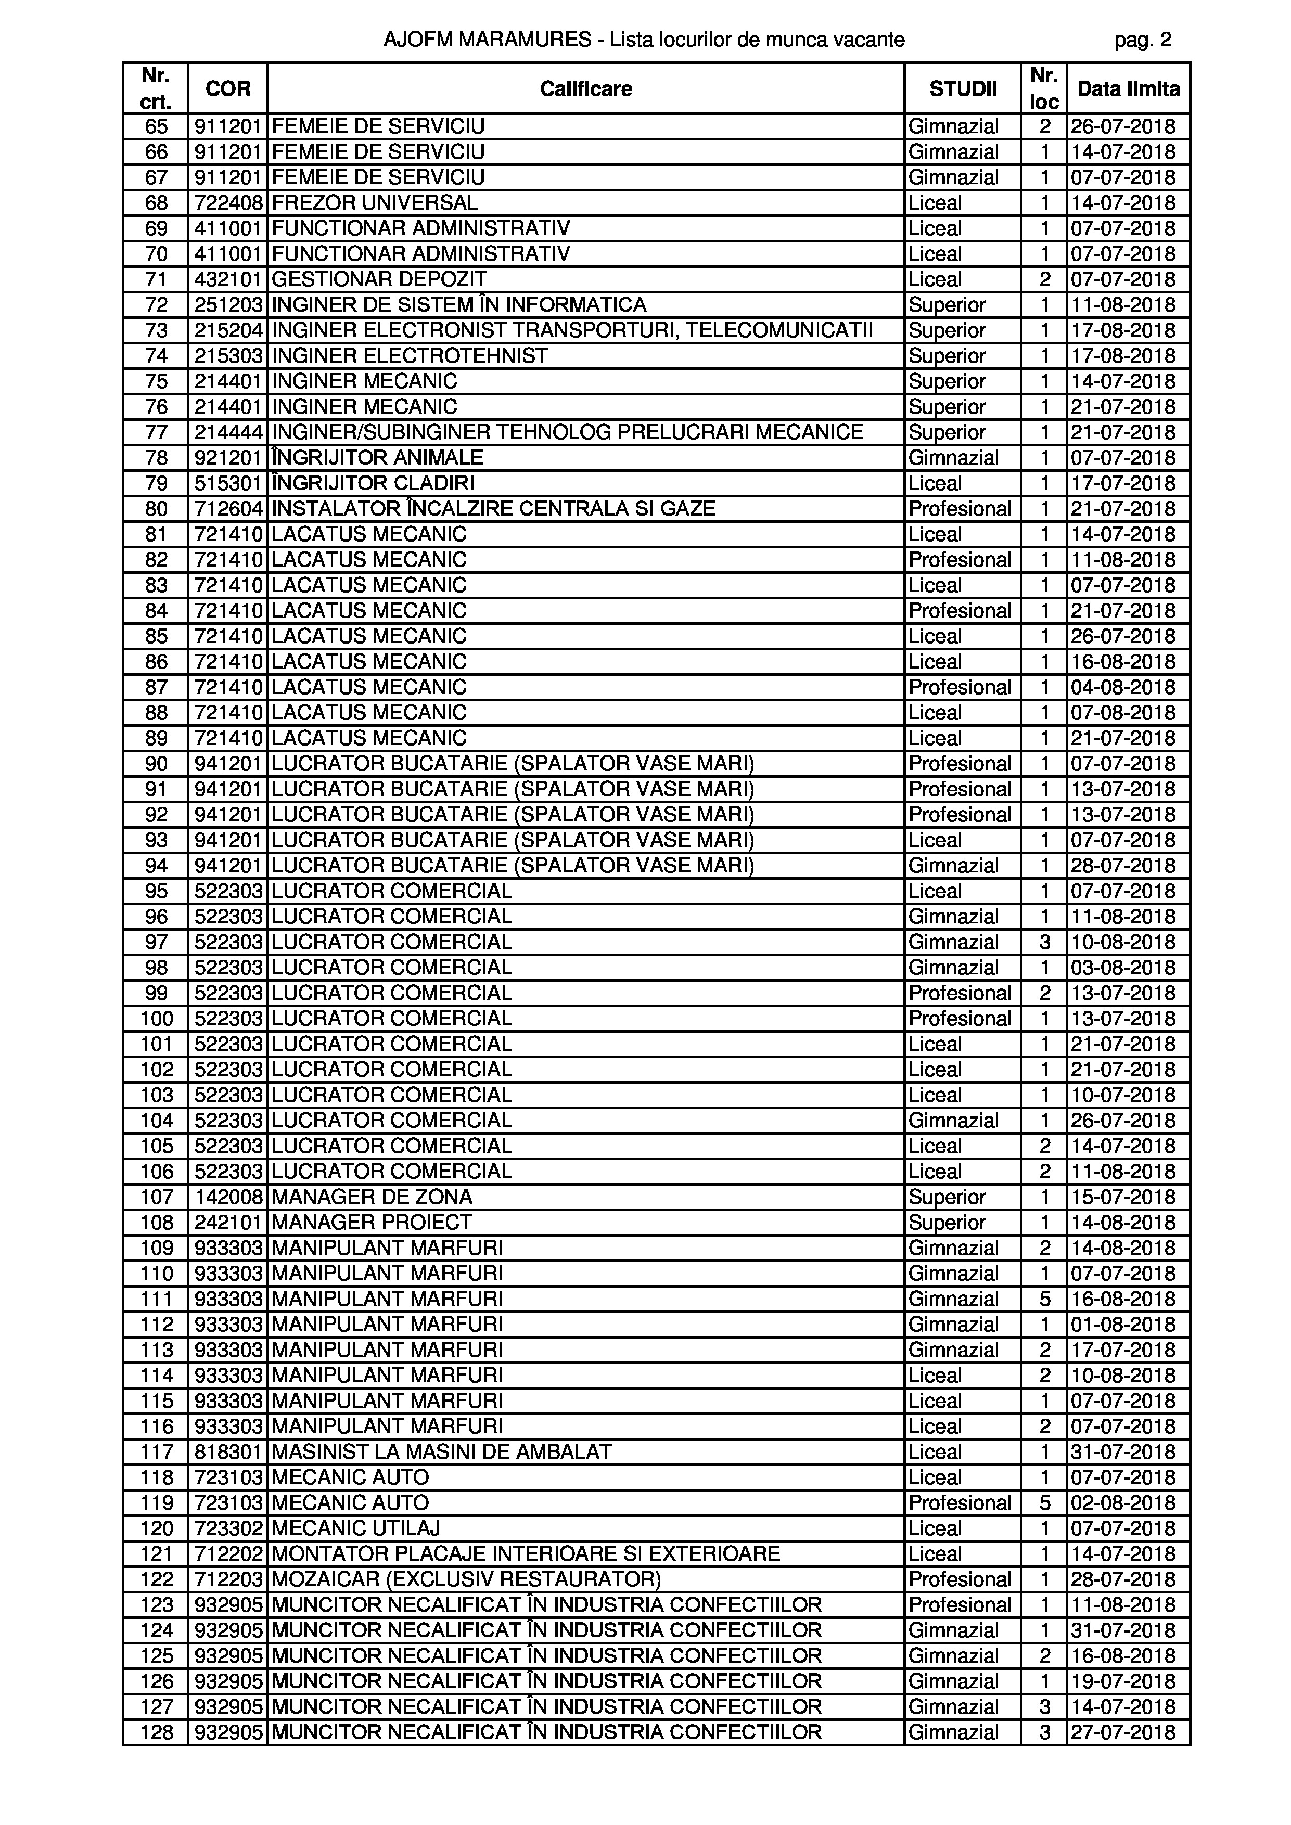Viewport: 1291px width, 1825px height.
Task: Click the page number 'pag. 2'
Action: pos(1142,40)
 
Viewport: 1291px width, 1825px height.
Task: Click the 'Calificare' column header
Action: pos(586,88)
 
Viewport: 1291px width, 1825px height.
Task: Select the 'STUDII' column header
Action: pos(963,88)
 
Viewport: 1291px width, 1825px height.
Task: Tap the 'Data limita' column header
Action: pos(1128,88)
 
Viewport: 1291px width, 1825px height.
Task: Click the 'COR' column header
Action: pos(227,88)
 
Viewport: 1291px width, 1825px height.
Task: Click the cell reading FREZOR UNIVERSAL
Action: pos(375,203)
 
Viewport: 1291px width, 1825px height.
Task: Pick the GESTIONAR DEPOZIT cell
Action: pos(379,279)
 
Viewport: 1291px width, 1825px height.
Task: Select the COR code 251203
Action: pos(228,304)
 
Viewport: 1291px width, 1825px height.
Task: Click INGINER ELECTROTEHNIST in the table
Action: pos(410,355)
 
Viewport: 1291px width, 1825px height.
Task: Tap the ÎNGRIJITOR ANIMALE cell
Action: pos(378,458)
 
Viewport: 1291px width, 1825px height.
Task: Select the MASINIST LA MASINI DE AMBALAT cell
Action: pos(441,1451)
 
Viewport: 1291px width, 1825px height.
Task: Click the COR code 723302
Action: pos(228,1528)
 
